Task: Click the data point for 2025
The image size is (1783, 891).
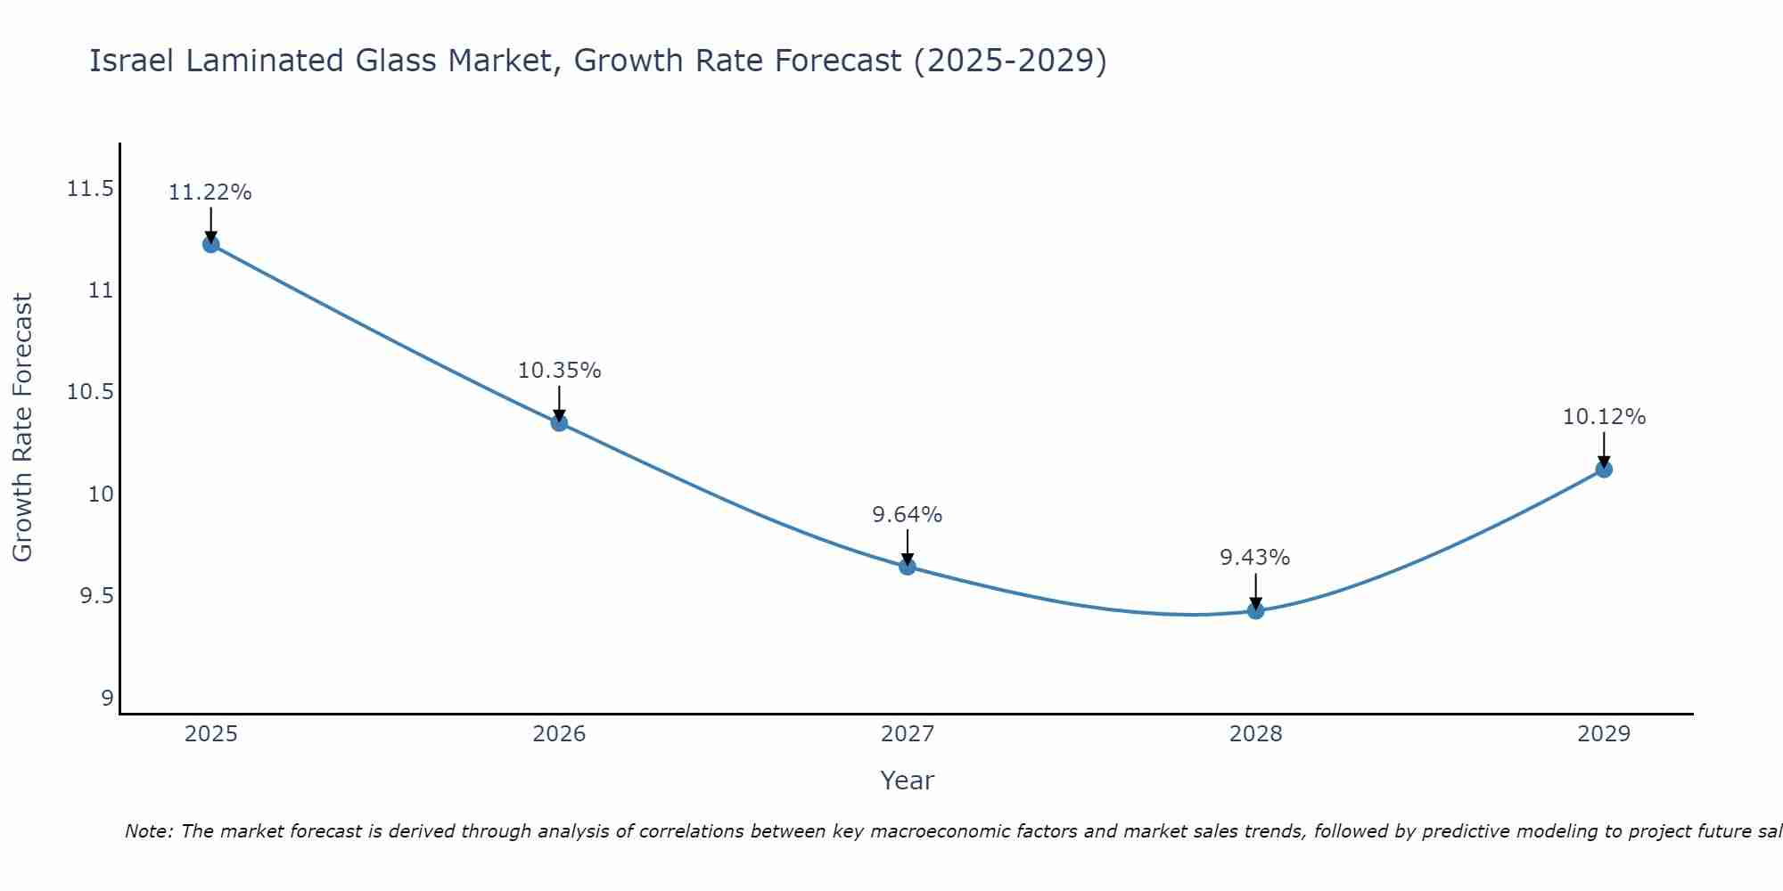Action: (x=211, y=244)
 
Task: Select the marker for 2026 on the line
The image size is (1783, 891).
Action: (x=559, y=422)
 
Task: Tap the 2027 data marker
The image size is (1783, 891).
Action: (x=908, y=566)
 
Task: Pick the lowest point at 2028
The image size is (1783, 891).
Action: (x=1255, y=610)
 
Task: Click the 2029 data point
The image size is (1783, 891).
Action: (x=1604, y=469)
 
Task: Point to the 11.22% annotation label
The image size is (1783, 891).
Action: (x=210, y=192)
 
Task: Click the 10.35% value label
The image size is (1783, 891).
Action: (x=559, y=371)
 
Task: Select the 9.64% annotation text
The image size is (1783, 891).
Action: (x=907, y=515)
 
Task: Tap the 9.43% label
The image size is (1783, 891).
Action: (x=1254, y=558)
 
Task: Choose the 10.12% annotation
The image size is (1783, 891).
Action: (x=1604, y=417)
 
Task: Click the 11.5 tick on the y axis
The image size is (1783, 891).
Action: (x=90, y=189)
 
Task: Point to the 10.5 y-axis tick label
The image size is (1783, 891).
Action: (x=90, y=392)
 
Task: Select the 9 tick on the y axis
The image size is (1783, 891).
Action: (x=108, y=698)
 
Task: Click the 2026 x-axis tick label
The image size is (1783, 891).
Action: (x=559, y=734)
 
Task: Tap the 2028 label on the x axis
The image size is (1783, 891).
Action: (x=1255, y=734)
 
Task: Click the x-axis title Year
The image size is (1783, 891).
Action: (x=907, y=781)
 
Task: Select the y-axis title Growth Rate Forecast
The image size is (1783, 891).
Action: (x=22, y=428)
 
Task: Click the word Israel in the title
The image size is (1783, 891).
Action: (x=132, y=61)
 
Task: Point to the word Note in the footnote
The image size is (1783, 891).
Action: (x=149, y=831)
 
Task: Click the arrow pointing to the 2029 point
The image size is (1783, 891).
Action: (x=1604, y=448)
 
